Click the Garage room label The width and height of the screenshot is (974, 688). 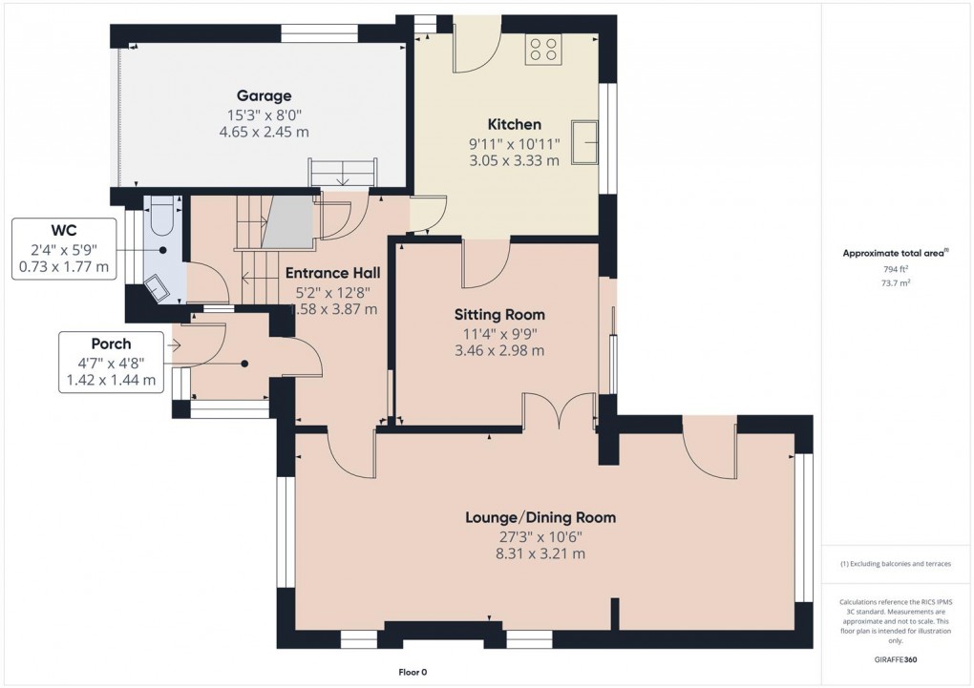[x=264, y=95]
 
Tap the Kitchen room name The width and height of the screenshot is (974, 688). [x=514, y=124]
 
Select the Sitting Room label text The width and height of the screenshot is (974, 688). [x=498, y=314]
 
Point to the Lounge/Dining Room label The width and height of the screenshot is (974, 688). [x=540, y=517]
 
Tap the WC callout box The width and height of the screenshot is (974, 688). [x=65, y=250]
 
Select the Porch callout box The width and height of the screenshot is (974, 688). [x=111, y=362]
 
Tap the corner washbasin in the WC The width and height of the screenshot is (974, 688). [x=155, y=287]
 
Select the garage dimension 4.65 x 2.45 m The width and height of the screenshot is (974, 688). [x=264, y=132]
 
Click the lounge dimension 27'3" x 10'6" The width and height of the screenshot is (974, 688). [x=540, y=536]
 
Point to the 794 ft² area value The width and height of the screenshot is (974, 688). [x=895, y=270]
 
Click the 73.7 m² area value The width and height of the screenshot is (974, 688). [x=895, y=283]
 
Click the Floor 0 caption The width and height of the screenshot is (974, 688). [x=413, y=672]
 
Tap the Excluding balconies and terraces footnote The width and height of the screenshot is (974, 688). [x=895, y=564]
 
